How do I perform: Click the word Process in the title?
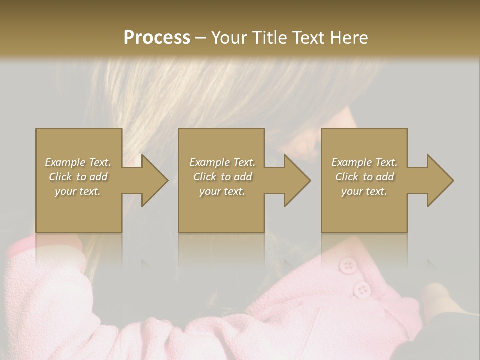point(157,38)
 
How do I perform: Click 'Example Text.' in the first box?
point(78,162)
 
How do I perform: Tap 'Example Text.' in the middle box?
point(222,162)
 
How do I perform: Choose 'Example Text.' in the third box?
point(364,162)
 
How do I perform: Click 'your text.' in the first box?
point(78,191)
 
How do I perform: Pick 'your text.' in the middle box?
point(222,191)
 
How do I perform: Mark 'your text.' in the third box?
point(364,191)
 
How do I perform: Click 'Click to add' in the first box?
point(78,177)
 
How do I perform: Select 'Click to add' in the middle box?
point(222,177)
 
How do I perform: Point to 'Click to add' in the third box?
point(364,177)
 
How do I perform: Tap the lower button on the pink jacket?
point(361,289)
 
